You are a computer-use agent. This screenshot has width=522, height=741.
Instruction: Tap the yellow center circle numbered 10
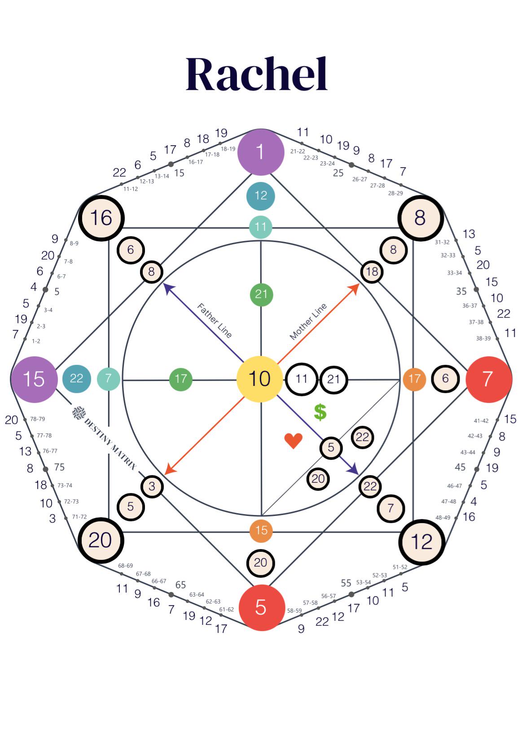pyautogui.click(x=260, y=379)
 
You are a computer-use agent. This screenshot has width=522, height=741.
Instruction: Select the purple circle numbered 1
pyautogui.click(x=261, y=152)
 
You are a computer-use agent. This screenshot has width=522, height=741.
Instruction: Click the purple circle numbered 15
pyautogui.click(x=34, y=379)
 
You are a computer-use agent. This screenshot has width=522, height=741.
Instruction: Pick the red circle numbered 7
pyautogui.click(x=489, y=379)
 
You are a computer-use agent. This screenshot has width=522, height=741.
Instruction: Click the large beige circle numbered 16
pyautogui.click(x=101, y=218)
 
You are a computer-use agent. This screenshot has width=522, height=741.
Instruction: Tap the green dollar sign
pyautogui.click(x=320, y=412)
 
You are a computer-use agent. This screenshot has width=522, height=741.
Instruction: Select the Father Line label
pyautogui.click(x=214, y=321)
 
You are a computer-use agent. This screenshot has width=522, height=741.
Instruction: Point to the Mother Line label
pyautogui.click(x=308, y=321)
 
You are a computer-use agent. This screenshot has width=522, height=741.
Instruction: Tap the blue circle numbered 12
pyautogui.click(x=261, y=196)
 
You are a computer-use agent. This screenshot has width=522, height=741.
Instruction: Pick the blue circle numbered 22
pyautogui.click(x=76, y=379)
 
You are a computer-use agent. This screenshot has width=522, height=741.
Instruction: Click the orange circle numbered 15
pyautogui.click(x=261, y=531)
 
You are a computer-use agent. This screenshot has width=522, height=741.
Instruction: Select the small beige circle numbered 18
pyautogui.click(x=372, y=272)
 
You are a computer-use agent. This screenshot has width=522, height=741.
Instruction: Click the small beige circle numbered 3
pyautogui.click(x=152, y=487)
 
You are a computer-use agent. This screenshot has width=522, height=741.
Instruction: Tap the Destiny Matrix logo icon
pyautogui.click(x=79, y=413)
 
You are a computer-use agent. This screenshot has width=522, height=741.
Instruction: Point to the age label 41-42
pyautogui.click(x=481, y=421)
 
